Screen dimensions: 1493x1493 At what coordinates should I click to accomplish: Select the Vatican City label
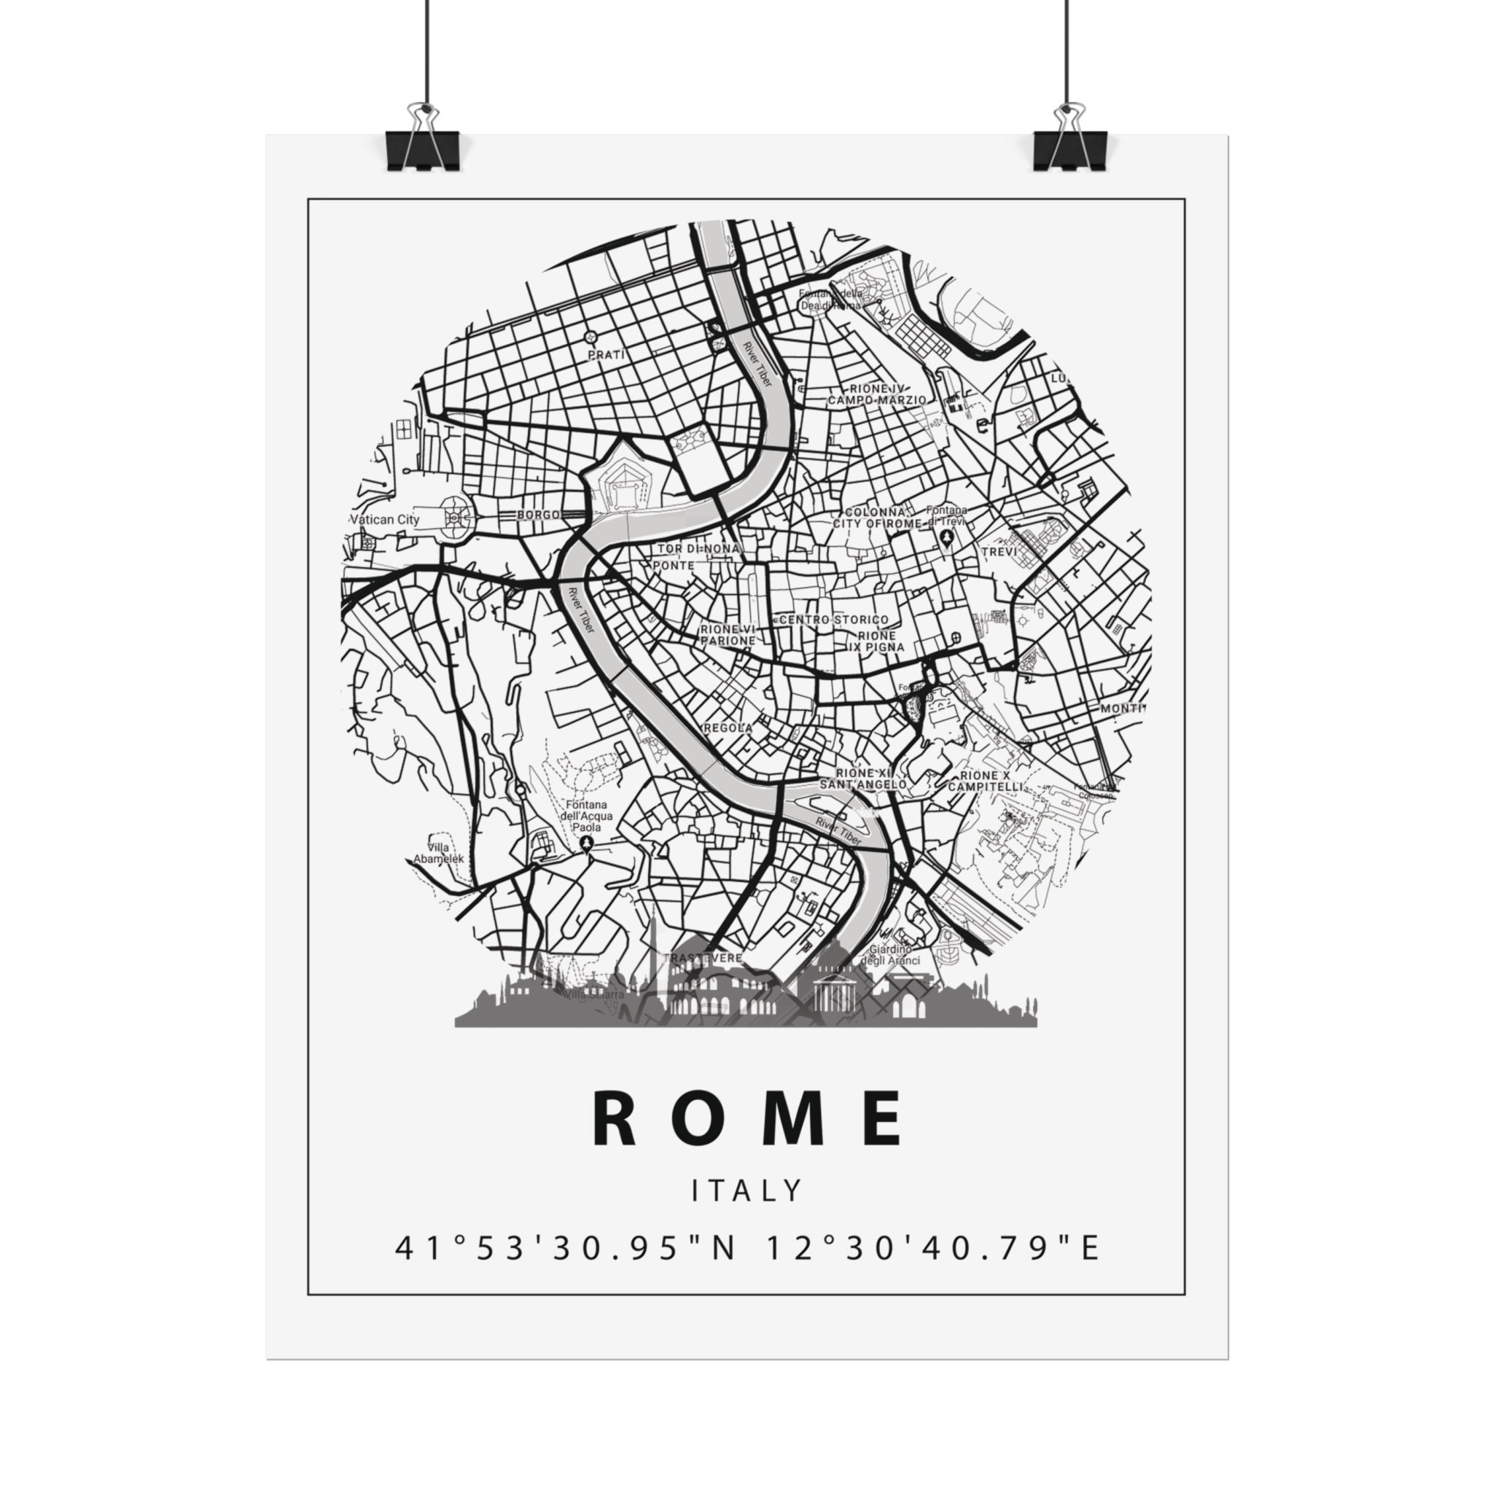tap(385, 519)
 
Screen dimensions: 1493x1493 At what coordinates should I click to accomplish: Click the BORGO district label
tap(538, 515)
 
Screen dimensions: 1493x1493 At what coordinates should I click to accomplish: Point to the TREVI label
tap(999, 552)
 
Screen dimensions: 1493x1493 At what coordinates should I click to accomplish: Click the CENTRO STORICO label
tap(834, 620)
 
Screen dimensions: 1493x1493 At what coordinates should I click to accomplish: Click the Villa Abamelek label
tap(438, 853)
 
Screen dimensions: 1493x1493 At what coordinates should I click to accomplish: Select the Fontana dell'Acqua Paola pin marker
tap(588, 843)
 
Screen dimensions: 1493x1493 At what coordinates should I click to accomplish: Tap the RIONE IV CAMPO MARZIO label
tap(876, 394)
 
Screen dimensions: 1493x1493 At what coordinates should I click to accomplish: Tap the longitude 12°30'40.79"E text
tap(932, 1248)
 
